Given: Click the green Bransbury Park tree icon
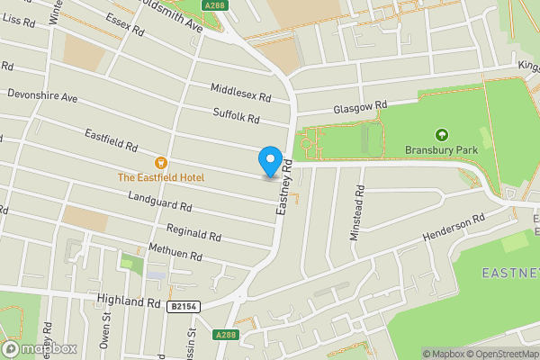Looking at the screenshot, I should tap(441, 134).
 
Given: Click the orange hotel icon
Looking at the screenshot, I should tap(161, 163).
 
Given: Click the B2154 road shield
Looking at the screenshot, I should tap(184, 307).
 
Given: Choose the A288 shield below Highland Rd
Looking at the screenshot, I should tap(226, 335).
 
